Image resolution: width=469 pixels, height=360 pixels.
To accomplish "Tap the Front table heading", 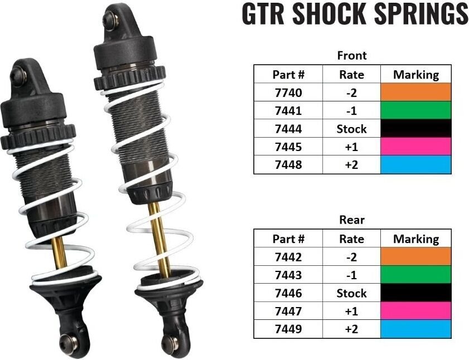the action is [352, 56].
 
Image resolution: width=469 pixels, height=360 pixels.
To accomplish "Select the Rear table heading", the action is [352, 220].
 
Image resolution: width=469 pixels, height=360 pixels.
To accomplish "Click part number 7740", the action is [288, 93].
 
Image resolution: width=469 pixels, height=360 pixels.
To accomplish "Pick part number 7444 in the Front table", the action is [288, 129].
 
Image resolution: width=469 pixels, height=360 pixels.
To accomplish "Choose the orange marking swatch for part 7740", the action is [416, 92].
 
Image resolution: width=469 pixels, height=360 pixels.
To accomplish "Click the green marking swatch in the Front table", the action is [416, 110].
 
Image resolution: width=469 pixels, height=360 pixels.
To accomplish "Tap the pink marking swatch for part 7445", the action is [416, 147].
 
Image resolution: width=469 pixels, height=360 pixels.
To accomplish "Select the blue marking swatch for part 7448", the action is [416, 164].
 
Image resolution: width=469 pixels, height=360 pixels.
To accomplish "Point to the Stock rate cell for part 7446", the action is [351, 293].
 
